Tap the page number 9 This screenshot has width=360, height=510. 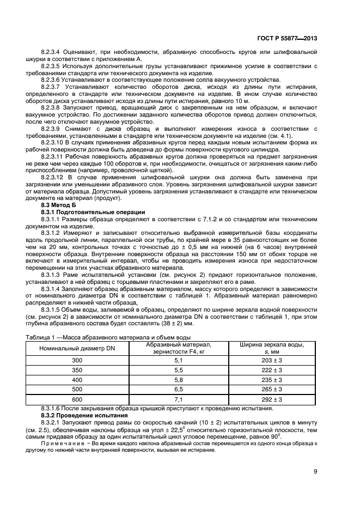pyautogui.click(x=315, y=472)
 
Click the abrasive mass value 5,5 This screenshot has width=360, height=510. pyautogui.click(x=178, y=370)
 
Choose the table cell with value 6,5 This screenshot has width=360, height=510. pyautogui.click(x=178, y=390)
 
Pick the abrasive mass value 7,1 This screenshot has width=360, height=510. pyautogui.click(x=178, y=399)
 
